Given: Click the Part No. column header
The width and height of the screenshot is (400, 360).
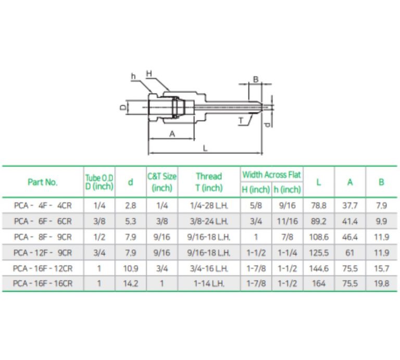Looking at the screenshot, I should (43, 182).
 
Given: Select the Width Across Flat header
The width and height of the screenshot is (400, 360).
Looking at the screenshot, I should (271, 175).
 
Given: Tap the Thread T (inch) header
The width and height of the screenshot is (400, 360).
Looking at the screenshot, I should (209, 182).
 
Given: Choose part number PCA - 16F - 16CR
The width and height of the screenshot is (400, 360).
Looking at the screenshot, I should (43, 284).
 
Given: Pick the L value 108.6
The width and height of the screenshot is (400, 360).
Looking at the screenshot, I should (318, 237).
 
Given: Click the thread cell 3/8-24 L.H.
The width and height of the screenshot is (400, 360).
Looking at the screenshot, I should (209, 221).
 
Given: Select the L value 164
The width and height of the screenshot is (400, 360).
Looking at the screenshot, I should (318, 284).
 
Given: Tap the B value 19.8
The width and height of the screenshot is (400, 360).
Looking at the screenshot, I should (381, 284).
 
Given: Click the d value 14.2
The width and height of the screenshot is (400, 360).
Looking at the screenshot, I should (130, 284).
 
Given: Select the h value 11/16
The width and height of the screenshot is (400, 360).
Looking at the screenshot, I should (287, 221).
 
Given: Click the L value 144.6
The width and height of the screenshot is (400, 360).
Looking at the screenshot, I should (318, 268).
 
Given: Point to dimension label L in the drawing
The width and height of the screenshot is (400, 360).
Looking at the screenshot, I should (205, 148).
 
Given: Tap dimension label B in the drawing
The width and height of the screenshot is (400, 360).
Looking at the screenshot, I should (255, 79).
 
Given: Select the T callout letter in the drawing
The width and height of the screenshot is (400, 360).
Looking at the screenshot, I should (241, 120).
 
